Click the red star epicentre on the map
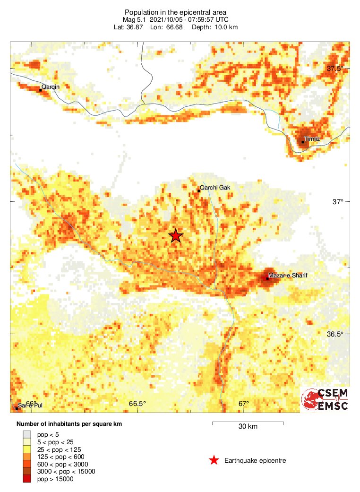point(176,235)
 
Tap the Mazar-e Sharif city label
point(288,275)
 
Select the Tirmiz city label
point(313,139)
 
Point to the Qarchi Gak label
point(215,188)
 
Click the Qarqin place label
point(51,86)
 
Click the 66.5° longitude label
point(137,404)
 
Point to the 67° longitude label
point(243,404)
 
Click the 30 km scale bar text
point(248,427)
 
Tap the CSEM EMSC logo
point(326,400)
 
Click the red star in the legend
point(214,460)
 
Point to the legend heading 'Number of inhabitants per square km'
point(69,424)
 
